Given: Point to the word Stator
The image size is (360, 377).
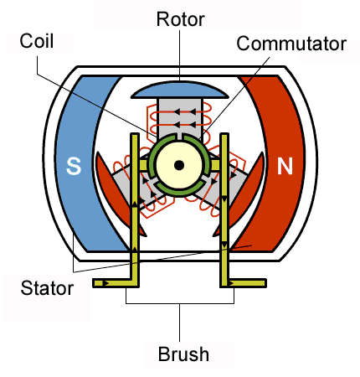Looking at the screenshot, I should [x=46, y=289].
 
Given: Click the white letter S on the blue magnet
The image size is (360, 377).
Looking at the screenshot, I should [x=74, y=167].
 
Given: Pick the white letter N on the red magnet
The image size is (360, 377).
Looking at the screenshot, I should [x=285, y=167].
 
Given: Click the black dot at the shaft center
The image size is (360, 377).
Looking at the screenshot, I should [x=178, y=165].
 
